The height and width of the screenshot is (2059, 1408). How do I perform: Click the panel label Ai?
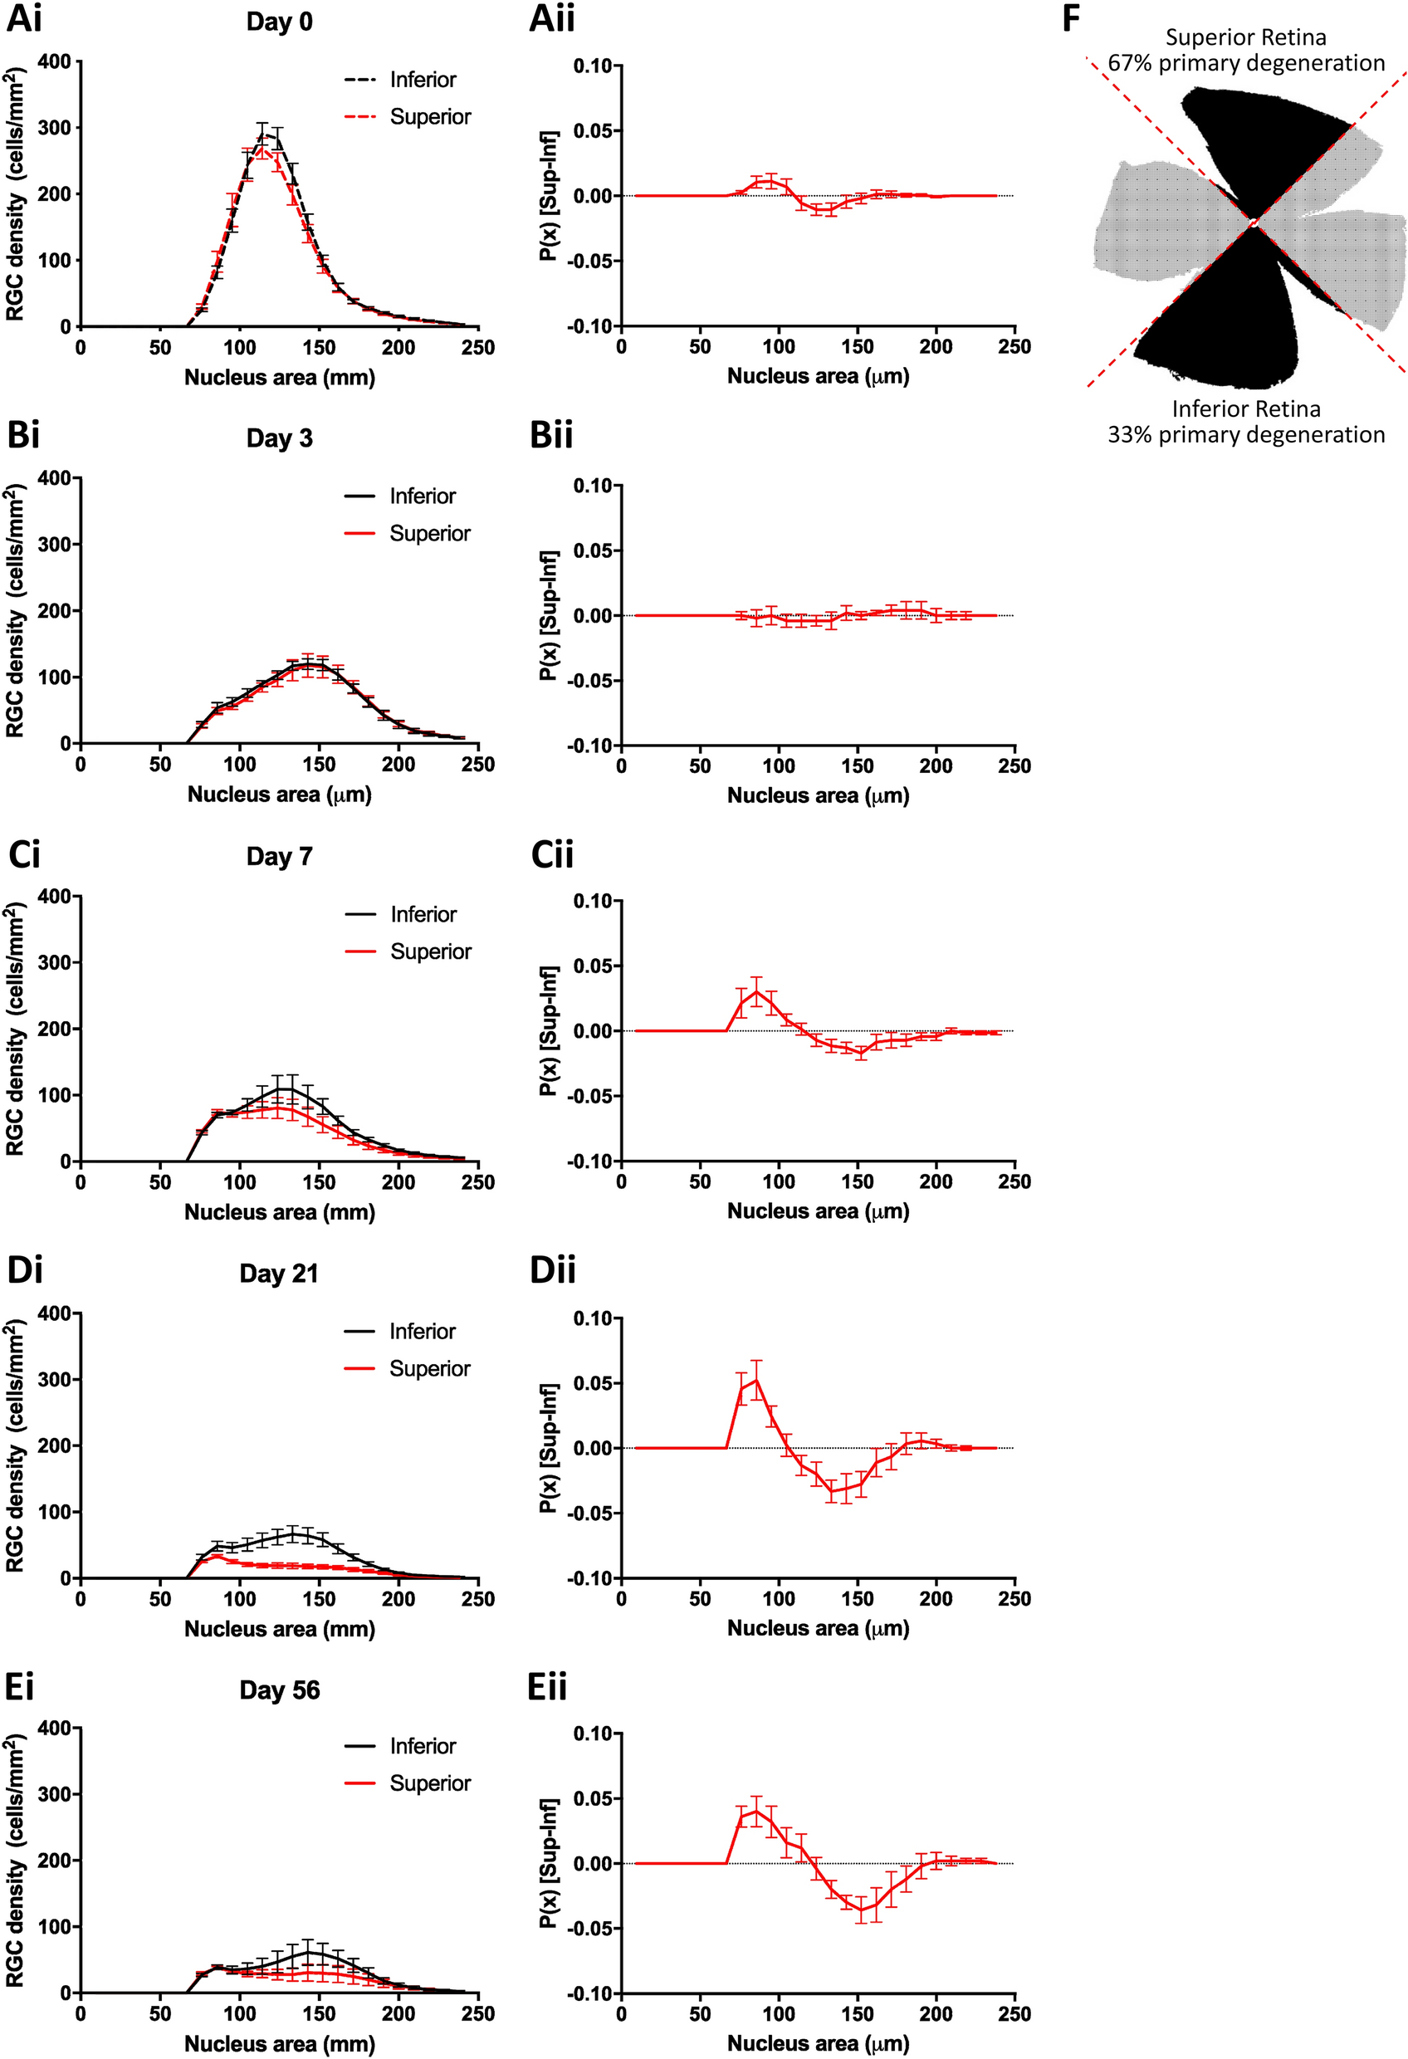24,18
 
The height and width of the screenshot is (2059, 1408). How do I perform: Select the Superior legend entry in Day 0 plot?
430,117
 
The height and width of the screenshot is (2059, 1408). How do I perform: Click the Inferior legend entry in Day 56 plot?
423,1746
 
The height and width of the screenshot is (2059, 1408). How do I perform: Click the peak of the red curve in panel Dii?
755,1380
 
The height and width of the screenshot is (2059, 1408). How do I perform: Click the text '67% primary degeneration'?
1245,63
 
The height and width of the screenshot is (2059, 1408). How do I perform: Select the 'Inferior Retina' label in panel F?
1245,408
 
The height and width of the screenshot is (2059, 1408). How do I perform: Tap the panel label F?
1070,18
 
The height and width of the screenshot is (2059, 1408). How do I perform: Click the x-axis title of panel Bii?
818,795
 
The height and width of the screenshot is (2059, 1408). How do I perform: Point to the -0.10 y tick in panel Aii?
591,326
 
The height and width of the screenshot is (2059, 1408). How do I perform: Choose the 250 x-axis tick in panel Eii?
1014,2014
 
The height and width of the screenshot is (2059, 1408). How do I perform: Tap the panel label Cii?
552,855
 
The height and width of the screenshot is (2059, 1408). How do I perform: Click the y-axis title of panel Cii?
549,1030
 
